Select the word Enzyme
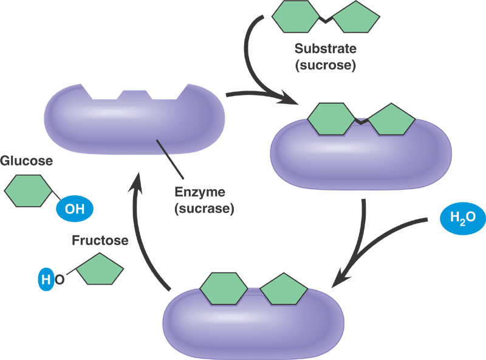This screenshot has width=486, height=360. pos(197,193)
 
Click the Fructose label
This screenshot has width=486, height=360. pos(99,240)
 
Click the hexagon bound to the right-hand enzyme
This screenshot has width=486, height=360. pos(331,118)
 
